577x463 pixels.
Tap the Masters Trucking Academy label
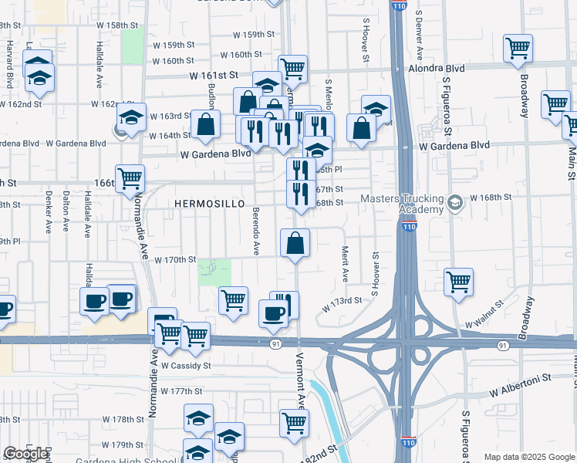pos(402,204)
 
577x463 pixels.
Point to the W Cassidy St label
pos(185,366)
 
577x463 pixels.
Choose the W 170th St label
pos(175,260)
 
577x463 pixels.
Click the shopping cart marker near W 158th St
pos(518,48)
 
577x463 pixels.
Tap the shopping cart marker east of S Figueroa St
pos(459,282)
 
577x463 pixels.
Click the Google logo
pos(25,454)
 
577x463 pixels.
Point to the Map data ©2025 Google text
pos(529,457)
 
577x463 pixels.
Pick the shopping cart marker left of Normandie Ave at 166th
pos(130,178)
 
